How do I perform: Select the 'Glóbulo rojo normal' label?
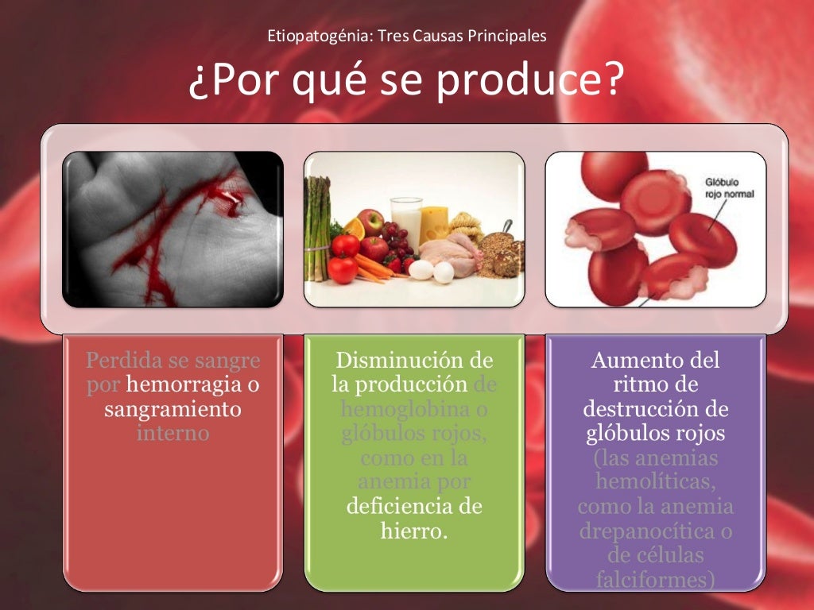[x=729, y=188]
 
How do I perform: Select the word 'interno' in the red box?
[x=172, y=434]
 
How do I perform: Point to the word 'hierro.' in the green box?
[x=413, y=531]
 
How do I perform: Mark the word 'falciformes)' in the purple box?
[x=655, y=580]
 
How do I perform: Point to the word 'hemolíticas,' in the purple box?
[x=655, y=482]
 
